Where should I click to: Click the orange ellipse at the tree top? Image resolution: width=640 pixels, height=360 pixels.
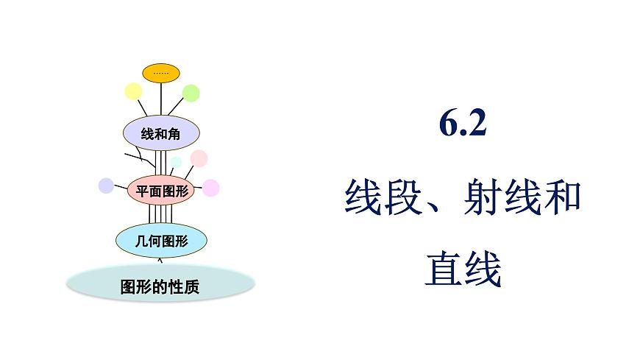(161, 72)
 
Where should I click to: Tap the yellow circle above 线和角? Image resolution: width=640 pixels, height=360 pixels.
(133, 91)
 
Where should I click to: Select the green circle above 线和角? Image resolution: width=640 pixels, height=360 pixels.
(191, 93)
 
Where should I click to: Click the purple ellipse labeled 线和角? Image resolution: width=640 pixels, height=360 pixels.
(160, 133)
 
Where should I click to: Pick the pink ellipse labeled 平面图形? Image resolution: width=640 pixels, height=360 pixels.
(161, 191)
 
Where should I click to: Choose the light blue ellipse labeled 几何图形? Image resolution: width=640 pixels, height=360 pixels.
(161, 239)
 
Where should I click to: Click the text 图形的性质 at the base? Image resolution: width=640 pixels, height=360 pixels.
(160, 286)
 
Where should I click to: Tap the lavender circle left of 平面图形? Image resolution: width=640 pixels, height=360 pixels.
(106, 186)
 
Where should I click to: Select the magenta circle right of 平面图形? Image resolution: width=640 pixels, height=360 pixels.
(211, 188)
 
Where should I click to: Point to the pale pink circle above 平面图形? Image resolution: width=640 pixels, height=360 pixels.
(199, 158)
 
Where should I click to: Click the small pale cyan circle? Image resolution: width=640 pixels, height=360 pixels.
(176, 163)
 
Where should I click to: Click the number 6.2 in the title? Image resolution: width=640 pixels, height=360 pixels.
(463, 125)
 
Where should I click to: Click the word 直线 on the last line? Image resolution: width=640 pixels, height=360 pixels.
(463, 269)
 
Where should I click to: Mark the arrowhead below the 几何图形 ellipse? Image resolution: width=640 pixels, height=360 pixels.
(161, 258)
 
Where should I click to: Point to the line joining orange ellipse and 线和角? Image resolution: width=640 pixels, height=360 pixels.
(161, 99)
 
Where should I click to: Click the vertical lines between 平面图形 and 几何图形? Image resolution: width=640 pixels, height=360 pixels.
(161, 213)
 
